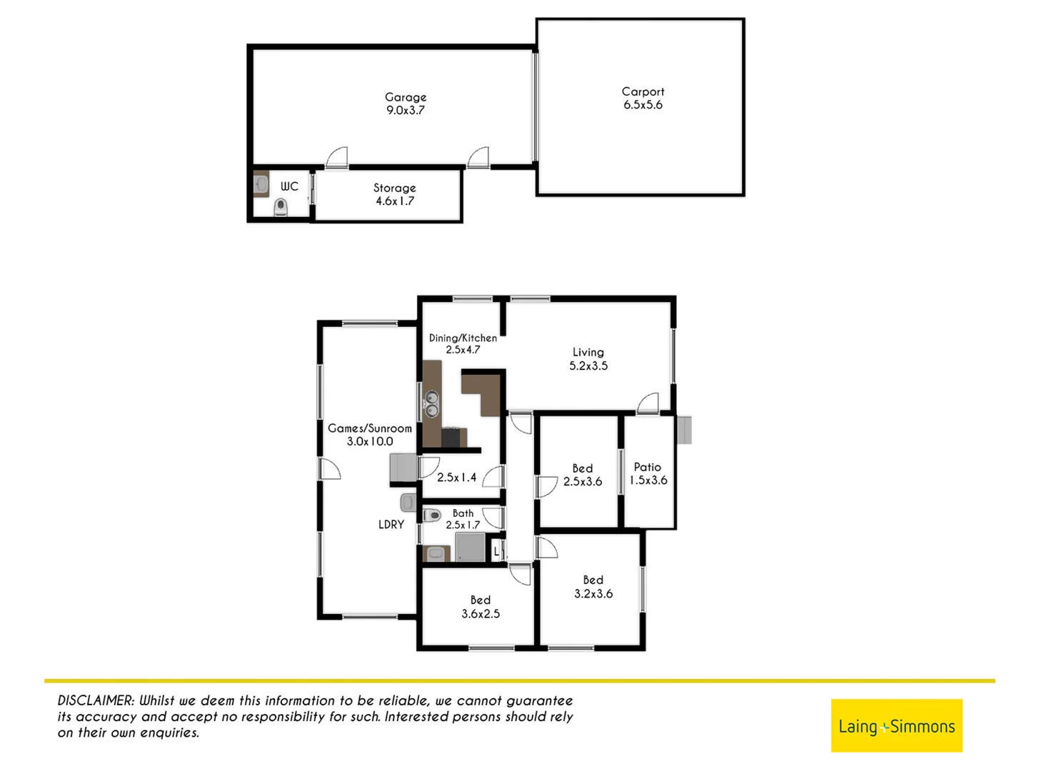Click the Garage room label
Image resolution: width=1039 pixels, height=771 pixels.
[406, 97]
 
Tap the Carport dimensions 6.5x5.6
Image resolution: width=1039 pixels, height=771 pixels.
[643, 105]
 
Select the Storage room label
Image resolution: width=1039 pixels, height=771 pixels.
[394, 188]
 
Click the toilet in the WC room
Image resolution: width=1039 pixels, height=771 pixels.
[281, 207]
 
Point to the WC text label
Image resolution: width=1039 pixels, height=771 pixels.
[289, 186]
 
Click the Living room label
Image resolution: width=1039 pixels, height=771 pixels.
[588, 352]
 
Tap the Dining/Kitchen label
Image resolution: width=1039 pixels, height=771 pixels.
[463, 338]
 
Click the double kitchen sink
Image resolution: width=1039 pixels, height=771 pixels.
[431, 403]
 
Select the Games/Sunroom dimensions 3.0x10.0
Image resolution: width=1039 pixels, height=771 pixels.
[370, 441]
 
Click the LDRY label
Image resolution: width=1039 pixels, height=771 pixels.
[391, 525]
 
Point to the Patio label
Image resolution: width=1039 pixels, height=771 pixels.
[648, 467]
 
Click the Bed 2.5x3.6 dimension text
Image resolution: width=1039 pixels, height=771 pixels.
[583, 482]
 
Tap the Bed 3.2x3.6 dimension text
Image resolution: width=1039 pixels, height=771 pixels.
[593, 593]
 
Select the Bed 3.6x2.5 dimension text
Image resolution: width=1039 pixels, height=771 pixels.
[481, 614]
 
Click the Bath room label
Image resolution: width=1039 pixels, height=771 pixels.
[463, 513]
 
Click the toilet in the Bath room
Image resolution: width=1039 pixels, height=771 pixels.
[432, 515]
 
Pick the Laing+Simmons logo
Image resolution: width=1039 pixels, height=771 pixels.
[896, 726]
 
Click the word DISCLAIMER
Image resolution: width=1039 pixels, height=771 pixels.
[96, 701]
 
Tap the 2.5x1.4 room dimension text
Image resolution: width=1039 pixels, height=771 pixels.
[456, 478]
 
